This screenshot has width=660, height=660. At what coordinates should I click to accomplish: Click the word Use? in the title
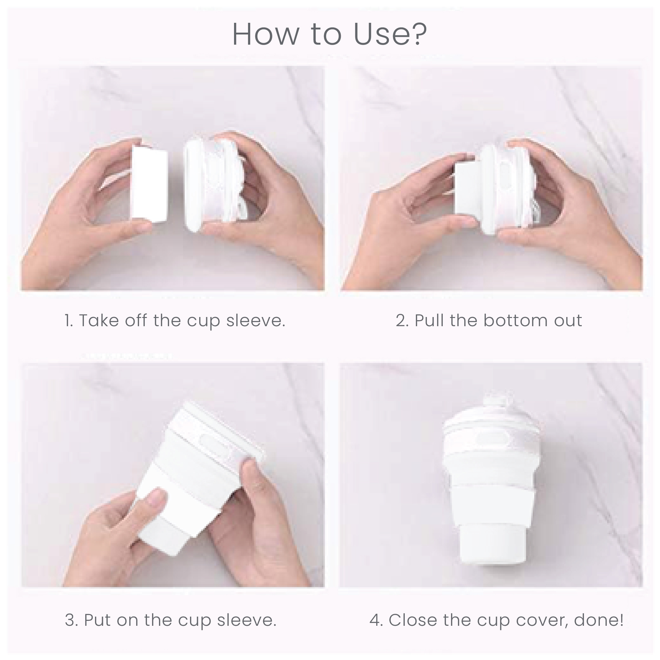tap(390, 35)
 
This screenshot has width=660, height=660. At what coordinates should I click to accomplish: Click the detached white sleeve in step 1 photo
tap(149, 184)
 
